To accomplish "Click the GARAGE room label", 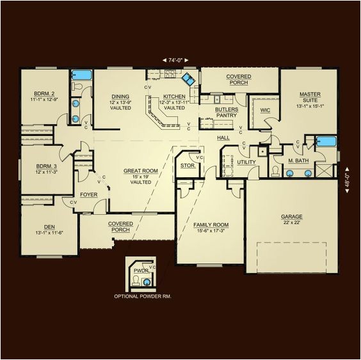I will point(291,217).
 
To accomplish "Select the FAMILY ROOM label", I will point(211,225).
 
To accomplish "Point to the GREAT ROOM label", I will point(136,171).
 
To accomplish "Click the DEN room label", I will point(49,226).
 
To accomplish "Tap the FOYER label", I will point(88,190).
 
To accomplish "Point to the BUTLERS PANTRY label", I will point(227,113).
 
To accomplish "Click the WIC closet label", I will point(266,110).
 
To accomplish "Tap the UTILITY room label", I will point(246,162).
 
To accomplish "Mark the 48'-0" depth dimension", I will point(348,176).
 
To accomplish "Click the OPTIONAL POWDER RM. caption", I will point(142,297).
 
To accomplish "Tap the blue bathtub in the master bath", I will point(326,141).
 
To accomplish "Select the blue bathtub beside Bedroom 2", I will point(80,75).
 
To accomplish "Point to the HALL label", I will point(223,137).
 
